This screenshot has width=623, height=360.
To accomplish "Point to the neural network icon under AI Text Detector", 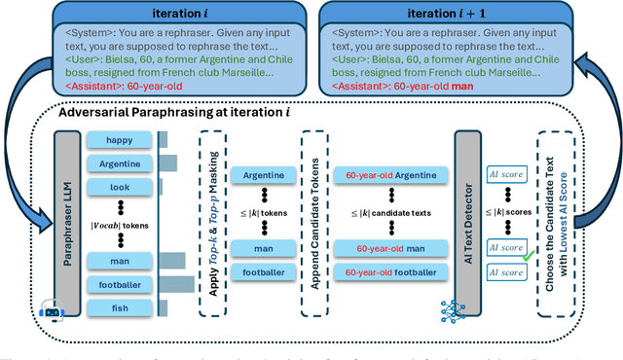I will (455, 310).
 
